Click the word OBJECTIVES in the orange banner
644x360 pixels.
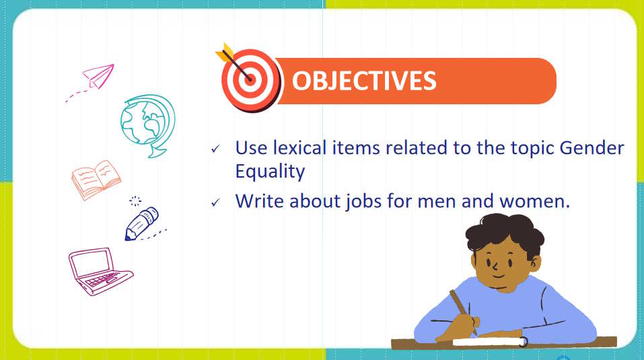(364, 81)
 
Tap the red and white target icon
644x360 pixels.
(250, 79)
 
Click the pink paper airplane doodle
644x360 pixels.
(98, 76)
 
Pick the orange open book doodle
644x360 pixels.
(96, 180)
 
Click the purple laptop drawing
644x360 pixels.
(100, 271)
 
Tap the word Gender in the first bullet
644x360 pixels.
(592, 148)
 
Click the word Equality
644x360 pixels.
(270, 172)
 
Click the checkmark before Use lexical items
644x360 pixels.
(215, 149)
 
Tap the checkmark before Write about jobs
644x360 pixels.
(215, 203)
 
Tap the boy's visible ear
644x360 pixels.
(535, 262)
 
